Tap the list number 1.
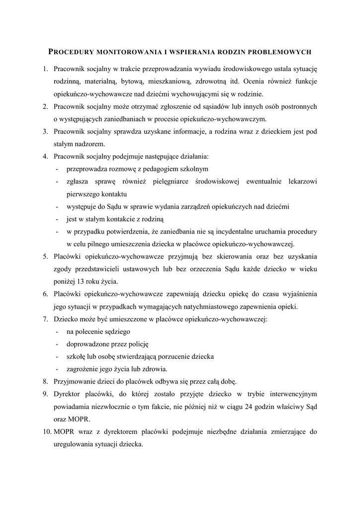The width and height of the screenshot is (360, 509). [x=44, y=68]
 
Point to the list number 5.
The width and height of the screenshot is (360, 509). [x=44, y=256]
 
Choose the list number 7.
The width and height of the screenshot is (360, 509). [x=44, y=319]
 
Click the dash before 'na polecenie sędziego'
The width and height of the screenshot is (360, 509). [x=59, y=332]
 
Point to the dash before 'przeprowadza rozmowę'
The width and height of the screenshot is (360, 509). [x=59, y=169]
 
